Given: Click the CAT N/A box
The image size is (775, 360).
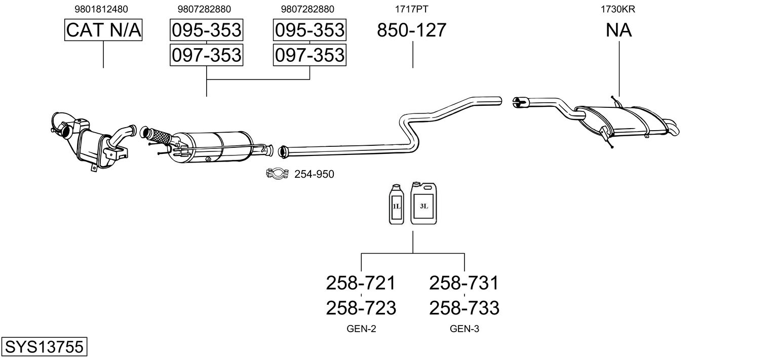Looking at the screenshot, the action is click(x=103, y=30).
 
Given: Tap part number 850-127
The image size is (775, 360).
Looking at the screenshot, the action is click(x=411, y=30).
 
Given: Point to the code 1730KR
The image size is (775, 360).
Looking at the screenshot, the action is click(x=618, y=9).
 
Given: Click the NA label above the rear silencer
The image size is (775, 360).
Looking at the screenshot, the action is click(x=618, y=30).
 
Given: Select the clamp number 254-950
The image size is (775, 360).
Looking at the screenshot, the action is click(x=314, y=175).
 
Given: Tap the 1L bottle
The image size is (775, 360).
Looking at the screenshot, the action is click(x=396, y=205).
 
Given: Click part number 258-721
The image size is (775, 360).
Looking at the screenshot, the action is click(x=360, y=283).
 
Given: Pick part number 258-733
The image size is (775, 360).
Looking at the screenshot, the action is click(x=464, y=307).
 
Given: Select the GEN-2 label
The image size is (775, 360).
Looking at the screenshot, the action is click(x=361, y=329).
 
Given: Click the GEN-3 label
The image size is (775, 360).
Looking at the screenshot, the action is click(x=464, y=329).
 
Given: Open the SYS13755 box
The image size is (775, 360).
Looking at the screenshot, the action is click(x=44, y=347).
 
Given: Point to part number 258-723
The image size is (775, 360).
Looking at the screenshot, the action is click(x=360, y=307).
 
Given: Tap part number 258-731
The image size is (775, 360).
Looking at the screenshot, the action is click(x=464, y=283).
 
